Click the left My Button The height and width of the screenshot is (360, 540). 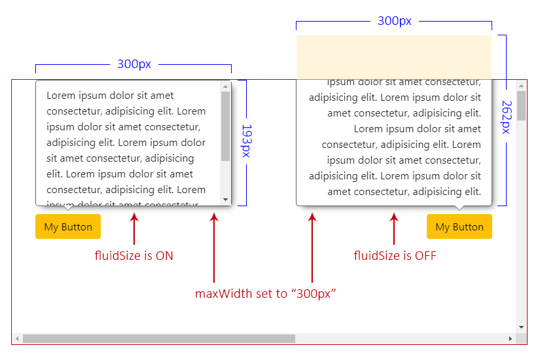pos(68,226)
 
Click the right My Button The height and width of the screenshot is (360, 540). pos(459,226)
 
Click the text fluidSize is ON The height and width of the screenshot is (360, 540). pos(134,256)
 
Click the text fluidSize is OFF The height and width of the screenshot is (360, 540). pos(395,256)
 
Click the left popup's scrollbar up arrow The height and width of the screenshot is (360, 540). pos(225,86)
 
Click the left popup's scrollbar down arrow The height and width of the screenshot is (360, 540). pos(225,199)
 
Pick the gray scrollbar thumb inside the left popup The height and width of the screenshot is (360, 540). pos(225,126)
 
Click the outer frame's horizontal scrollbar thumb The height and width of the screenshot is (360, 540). pos(158,338)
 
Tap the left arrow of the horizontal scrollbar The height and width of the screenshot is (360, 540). pos(16,338)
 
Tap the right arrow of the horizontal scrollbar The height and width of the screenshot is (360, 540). pos(511,338)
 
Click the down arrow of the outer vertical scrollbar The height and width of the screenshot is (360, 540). pos(522,327)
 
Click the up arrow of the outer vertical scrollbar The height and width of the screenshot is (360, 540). pos(522,85)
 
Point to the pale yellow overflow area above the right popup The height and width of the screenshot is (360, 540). pos(393,57)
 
